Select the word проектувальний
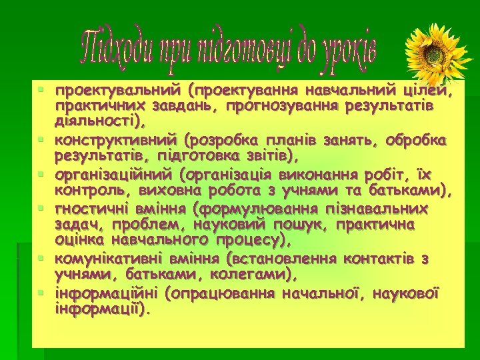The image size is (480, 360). [x=119, y=90]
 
